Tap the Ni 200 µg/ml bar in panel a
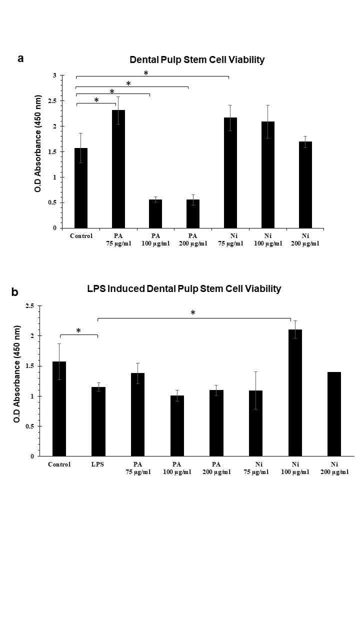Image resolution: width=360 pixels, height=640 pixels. [x=305, y=185]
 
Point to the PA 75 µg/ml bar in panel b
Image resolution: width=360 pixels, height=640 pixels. [x=137, y=414]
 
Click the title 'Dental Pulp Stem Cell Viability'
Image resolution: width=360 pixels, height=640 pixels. [x=197, y=60]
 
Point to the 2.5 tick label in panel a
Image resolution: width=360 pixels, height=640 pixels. [x=52, y=101]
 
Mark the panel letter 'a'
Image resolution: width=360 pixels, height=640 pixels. [x=20, y=58]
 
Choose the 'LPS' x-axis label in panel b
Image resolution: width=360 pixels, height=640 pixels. [x=98, y=464]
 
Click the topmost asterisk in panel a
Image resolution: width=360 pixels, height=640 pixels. [x=146, y=73]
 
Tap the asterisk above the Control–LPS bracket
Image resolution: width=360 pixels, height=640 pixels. [x=78, y=331]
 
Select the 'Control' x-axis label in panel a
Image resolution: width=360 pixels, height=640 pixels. [x=81, y=236]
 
